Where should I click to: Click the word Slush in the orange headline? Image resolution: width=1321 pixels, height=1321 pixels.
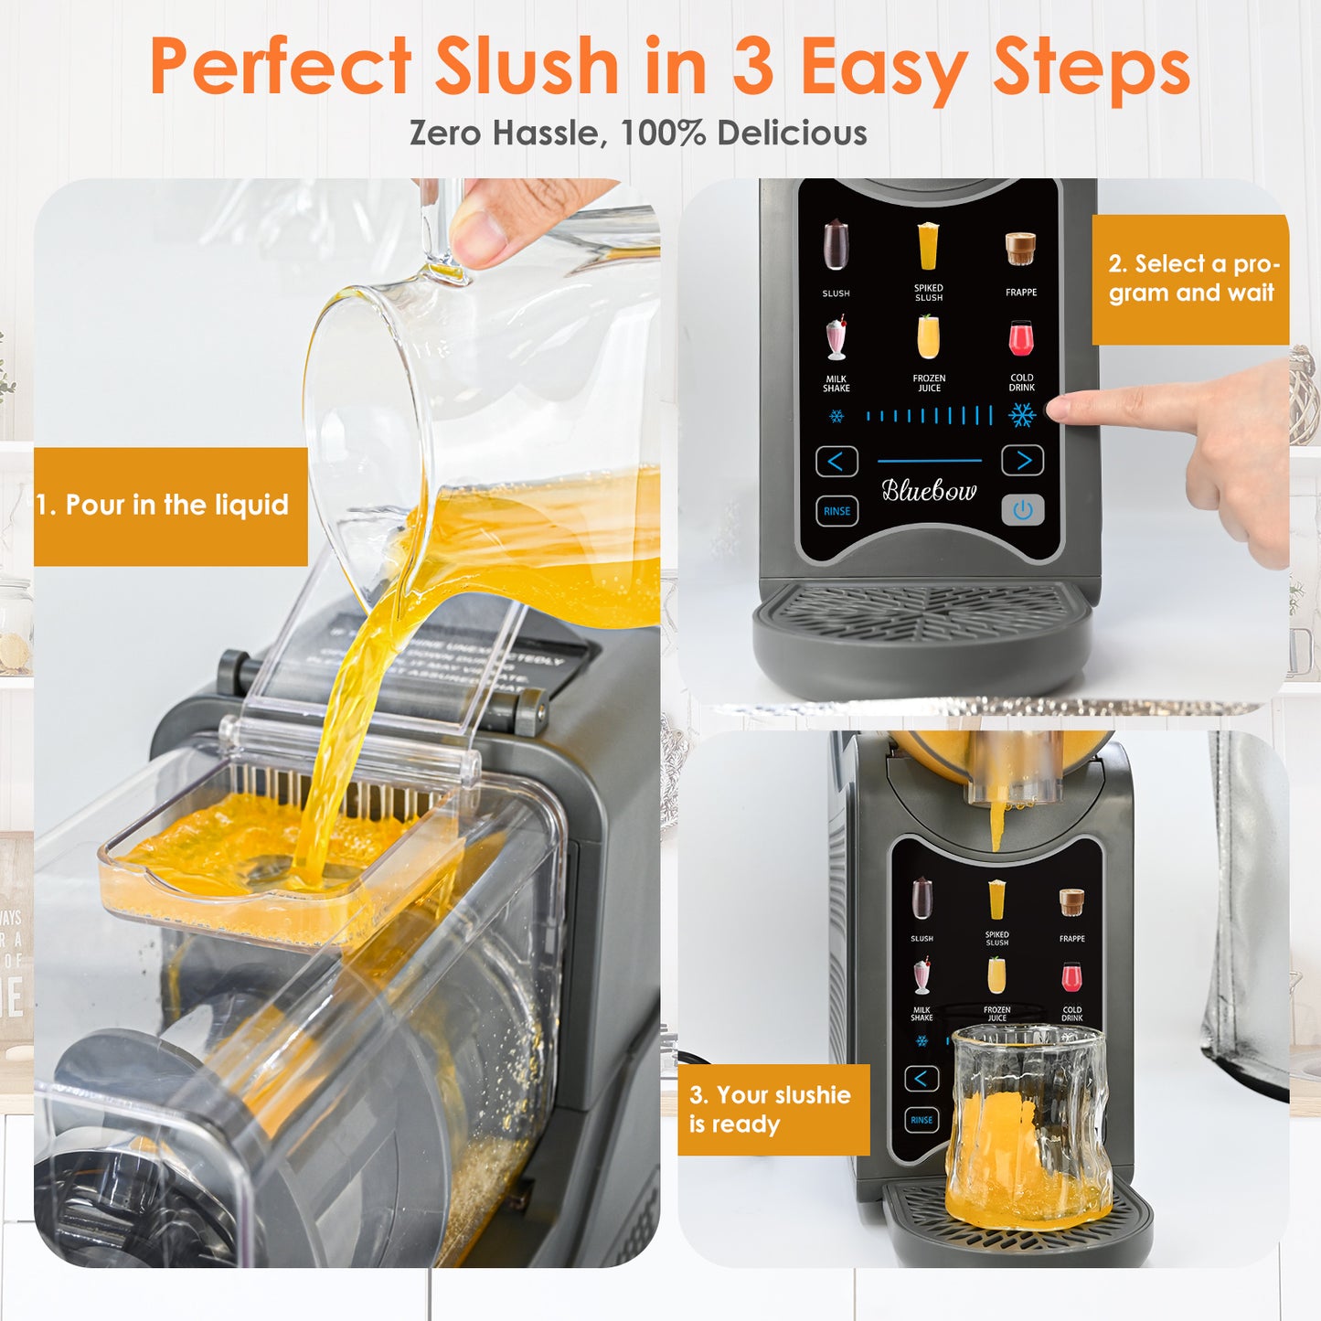coord(527,66)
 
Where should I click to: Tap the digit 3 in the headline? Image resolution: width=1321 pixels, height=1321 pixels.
coord(752,66)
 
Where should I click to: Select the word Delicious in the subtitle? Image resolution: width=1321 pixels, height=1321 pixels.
coord(792,133)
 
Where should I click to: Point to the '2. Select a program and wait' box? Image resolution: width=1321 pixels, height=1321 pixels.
coord(1190,279)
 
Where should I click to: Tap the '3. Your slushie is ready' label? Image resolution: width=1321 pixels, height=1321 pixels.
coord(772,1109)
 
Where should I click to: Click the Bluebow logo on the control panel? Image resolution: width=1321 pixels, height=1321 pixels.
coord(929,491)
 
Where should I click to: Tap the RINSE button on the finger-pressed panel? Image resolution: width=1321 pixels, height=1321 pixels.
coord(836,511)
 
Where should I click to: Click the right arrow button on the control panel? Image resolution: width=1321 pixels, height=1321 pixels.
coord(1022,461)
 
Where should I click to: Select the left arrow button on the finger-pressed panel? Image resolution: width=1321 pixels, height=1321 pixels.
coord(836,462)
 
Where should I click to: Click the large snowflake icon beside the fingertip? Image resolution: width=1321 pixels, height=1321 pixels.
coord(1022,416)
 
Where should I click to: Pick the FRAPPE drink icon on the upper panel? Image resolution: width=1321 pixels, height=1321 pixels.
coord(1020,249)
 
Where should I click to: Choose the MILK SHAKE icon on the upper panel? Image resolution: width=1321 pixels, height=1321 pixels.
coord(836,339)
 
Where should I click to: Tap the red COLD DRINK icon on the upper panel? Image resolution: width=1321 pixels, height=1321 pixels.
coord(1021,339)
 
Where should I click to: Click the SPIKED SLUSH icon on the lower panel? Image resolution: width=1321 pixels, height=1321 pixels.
coord(996,900)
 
